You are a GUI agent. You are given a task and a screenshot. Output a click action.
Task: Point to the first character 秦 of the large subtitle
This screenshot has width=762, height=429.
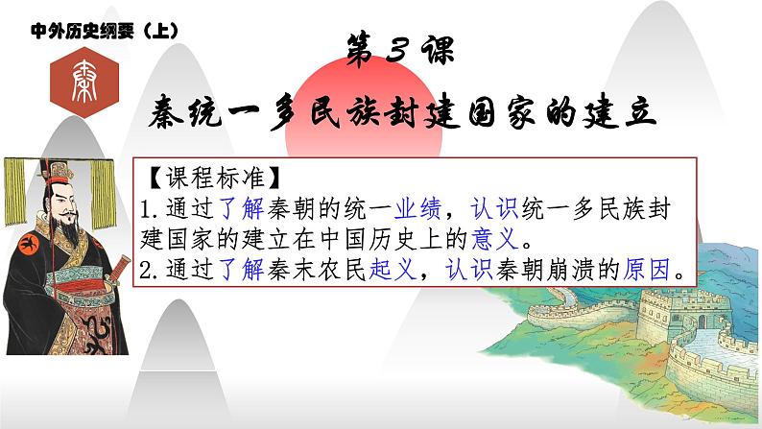pyautogui.click(x=174, y=115)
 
